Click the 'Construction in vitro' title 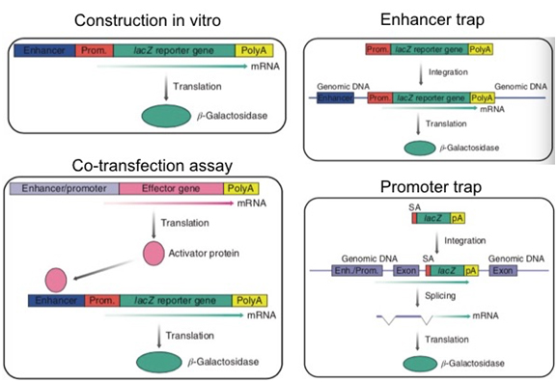[x=148, y=20]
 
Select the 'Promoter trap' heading [x=431, y=187]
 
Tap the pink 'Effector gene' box [x=171, y=188]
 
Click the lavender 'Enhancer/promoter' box [x=65, y=188]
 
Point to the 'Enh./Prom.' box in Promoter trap [x=357, y=271]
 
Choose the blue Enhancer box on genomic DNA [x=335, y=97]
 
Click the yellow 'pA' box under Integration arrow [x=471, y=271]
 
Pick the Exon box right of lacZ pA [x=503, y=271]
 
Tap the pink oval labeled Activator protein [x=153, y=254]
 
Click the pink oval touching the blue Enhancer [x=56, y=280]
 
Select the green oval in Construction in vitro [x=166, y=116]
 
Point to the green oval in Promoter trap [x=420, y=364]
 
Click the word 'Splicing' [x=440, y=296]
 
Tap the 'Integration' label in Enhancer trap [x=448, y=72]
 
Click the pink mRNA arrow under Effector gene [x=169, y=204]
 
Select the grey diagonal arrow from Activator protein [x=103, y=270]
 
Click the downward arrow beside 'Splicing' [x=418, y=298]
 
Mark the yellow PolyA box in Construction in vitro [x=254, y=51]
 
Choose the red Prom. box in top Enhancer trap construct [x=378, y=49]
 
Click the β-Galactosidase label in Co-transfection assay [x=223, y=362]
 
